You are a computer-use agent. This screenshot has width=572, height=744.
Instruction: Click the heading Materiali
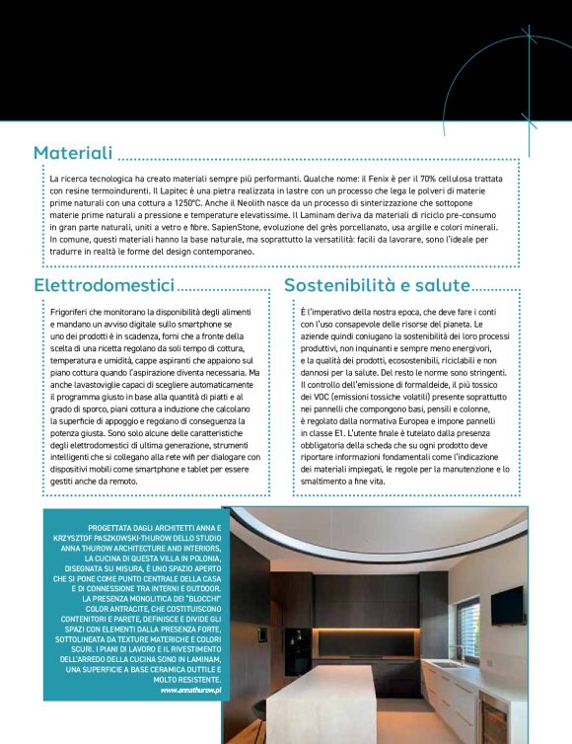click(x=74, y=153)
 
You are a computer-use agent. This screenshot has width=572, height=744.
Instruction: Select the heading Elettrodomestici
click(x=105, y=285)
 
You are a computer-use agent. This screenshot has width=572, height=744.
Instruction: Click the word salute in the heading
click(x=443, y=285)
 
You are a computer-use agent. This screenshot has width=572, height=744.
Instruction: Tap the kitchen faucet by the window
click(x=455, y=652)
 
